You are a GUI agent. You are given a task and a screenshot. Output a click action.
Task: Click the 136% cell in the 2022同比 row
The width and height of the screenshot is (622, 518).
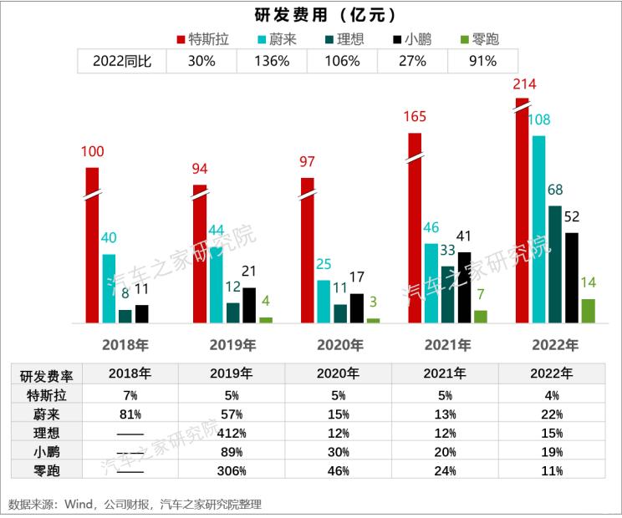(273, 61)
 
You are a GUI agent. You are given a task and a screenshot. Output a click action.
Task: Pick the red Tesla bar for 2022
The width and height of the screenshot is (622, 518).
(523, 209)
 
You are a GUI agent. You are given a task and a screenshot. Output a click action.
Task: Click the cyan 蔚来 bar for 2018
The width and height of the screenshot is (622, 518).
(109, 288)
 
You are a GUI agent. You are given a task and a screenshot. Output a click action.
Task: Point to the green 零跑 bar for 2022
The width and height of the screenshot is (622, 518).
(588, 310)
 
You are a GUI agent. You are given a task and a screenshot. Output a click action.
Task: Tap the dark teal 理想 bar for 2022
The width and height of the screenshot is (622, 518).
(555, 263)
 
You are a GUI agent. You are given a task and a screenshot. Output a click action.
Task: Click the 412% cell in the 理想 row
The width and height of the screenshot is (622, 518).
(231, 433)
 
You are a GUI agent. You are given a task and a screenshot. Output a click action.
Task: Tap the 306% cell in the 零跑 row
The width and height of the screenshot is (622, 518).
(231, 471)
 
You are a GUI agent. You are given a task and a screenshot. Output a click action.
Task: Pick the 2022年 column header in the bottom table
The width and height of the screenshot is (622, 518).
(551, 374)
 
